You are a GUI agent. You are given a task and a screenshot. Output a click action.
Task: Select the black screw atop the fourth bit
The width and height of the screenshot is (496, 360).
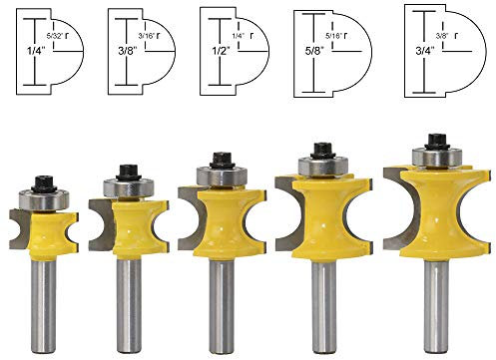click(x=321, y=150)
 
